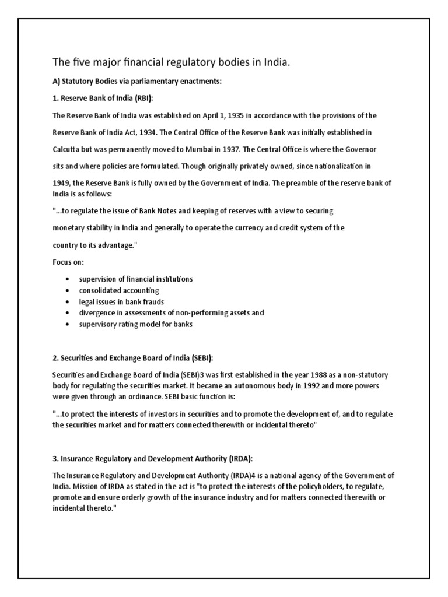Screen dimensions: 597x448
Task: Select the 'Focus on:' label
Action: point(65,262)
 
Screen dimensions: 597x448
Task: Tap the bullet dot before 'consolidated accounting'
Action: point(69,290)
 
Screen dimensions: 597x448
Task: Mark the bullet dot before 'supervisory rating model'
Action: point(69,324)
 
